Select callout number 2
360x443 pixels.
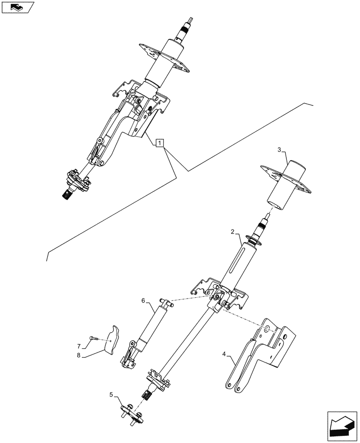232,232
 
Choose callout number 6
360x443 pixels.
143,301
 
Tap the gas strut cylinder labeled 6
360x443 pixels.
150,326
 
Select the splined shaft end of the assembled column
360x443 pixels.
69,194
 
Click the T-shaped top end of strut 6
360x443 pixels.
166,303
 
